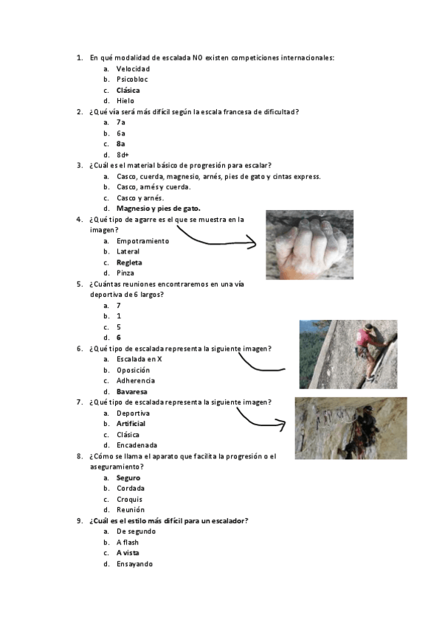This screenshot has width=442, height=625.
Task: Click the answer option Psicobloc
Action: (x=133, y=79)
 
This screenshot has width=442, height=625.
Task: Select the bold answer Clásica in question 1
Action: (x=128, y=90)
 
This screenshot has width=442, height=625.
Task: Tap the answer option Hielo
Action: (x=125, y=101)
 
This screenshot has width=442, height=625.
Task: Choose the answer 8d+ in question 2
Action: (x=122, y=155)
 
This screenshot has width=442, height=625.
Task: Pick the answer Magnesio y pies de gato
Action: (x=158, y=209)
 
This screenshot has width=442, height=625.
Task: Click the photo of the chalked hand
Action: (x=309, y=245)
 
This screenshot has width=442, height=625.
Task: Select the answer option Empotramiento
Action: (x=142, y=240)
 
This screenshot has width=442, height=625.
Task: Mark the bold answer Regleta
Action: (x=129, y=262)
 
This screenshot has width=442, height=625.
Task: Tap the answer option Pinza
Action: (x=125, y=273)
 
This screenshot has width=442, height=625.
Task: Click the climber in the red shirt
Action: (x=367, y=343)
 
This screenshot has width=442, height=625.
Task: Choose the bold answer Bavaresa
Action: (x=131, y=391)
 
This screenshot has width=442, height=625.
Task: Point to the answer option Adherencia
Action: (x=136, y=380)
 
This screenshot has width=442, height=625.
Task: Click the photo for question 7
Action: (x=351, y=428)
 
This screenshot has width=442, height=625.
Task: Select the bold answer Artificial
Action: (x=131, y=424)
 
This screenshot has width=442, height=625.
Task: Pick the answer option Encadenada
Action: (x=137, y=445)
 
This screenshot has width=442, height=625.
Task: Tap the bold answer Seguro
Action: (x=128, y=478)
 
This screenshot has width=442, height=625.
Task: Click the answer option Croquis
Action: (x=129, y=499)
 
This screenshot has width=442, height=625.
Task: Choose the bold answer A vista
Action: (x=128, y=553)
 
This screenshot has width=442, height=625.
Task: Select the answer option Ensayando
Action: (x=134, y=564)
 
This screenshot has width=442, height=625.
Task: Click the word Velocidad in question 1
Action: (x=133, y=69)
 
